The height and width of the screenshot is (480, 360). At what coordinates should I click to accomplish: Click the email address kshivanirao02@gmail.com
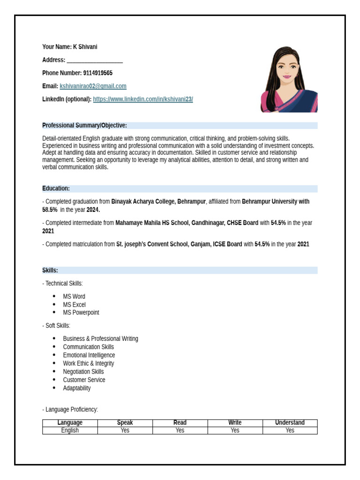(93, 86)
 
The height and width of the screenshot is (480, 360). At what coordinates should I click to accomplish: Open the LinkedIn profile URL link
(143, 99)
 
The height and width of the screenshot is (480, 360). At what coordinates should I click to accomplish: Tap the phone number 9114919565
(97, 73)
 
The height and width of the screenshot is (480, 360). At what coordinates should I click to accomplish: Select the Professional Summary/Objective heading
(84, 126)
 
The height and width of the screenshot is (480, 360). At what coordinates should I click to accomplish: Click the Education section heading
(56, 188)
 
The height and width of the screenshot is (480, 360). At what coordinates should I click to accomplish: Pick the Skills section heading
(50, 270)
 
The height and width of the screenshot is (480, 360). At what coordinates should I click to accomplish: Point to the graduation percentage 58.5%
(50, 210)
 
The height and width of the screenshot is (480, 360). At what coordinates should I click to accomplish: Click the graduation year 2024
(93, 210)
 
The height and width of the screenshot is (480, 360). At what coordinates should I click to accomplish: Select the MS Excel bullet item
(74, 305)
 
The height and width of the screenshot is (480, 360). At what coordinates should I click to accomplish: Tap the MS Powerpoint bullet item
(81, 313)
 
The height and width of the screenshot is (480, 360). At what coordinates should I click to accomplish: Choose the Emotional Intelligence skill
(89, 355)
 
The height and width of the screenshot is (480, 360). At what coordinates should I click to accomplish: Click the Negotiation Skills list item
(83, 372)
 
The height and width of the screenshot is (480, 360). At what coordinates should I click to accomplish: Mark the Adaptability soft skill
(77, 388)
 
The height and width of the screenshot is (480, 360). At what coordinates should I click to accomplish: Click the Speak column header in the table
(125, 423)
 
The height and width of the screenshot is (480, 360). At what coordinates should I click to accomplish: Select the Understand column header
(290, 423)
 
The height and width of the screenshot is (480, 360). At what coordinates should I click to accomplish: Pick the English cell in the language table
(70, 430)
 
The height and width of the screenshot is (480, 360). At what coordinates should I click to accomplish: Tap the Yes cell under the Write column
(235, 430)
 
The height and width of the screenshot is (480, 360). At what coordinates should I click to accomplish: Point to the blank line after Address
(95, 60)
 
